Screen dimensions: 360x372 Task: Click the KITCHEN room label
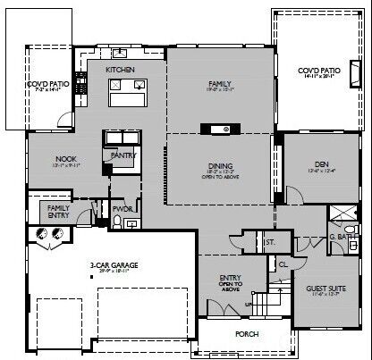tap(120, 69)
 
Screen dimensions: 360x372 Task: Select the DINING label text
tap(220, 166)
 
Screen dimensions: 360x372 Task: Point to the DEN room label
tap(322, 164)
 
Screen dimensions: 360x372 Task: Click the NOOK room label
tap(65, 159)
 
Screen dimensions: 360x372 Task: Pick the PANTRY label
tap(122, 155)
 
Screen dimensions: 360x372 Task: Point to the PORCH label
tap(247, 336)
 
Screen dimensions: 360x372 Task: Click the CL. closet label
tap(282, 264)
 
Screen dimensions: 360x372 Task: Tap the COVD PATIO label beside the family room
tap(319, 70)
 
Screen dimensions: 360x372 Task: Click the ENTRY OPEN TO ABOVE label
tap(231, 282)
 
